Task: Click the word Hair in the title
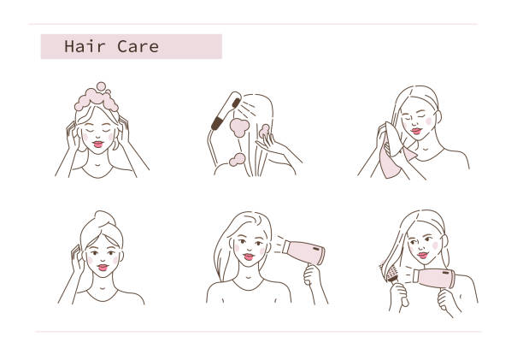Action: coord(85,46)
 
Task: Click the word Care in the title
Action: coord(138,46)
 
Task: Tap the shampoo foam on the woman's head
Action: coord(97,98)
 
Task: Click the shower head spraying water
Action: coord(226,110)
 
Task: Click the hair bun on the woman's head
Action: coord(105,219)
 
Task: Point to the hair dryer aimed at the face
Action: coord(303,252)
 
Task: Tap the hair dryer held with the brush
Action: coord(433,278)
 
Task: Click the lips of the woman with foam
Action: coord(98,145)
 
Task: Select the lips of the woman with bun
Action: coord(103,268)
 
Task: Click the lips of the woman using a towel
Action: coord(416,131)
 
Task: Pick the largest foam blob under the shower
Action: coord(239,127)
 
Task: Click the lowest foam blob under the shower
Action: coord(238,160)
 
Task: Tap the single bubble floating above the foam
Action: coord(101,86)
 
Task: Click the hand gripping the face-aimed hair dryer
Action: coord(312,274)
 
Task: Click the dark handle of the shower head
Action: coord(219,122)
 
